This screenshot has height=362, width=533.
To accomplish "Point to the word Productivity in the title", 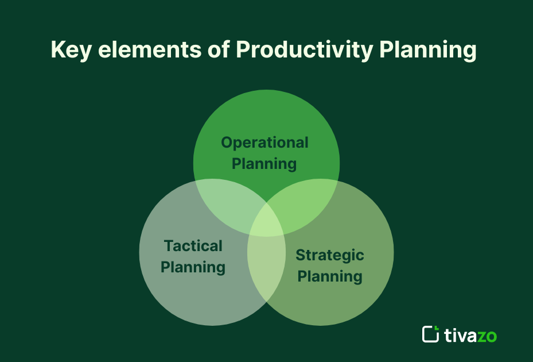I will [x=304, y=51].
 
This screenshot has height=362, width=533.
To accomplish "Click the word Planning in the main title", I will [x=428, y=51].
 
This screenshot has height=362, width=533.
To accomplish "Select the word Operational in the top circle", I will [x=264, y=143].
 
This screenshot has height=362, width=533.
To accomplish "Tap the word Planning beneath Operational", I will [x=264, y=164].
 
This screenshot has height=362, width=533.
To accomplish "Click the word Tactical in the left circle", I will [x=193, y=246].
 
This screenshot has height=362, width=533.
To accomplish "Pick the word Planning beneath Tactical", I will [x=193, y=267].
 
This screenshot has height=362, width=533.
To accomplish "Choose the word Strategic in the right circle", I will [x=330, y=255].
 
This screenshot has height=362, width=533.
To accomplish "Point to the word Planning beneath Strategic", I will [x=330, y=276].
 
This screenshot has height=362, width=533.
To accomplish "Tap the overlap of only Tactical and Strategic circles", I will [x=266, y=270].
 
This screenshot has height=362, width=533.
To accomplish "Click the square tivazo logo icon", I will [x=430, y=334].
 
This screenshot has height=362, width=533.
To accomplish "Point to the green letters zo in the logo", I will [x=487, y=336].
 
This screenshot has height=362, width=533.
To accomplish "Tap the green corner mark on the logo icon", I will [x=436, y=328].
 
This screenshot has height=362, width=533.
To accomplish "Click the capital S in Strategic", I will [x=300, y=255].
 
